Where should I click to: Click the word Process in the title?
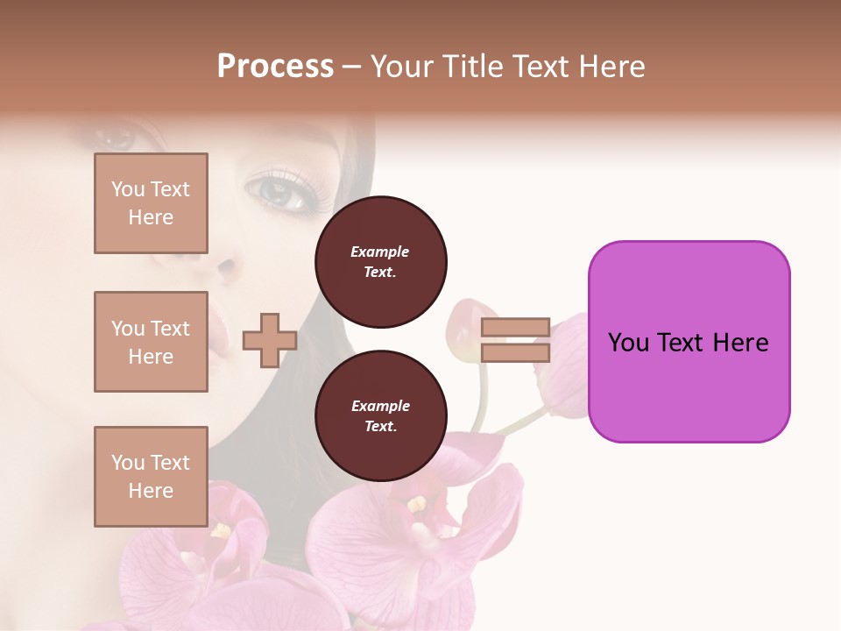(275, 67)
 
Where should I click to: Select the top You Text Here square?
(151, 203)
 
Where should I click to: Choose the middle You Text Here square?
(151, 342)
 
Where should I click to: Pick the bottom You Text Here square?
(151, 476)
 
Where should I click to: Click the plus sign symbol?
(270, 340)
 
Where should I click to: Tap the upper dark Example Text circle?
(381, 262)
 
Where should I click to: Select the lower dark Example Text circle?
(381, 416)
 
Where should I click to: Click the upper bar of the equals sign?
(515, 328)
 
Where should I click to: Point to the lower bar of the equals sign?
(515, 352)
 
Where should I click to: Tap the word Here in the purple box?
(740, 343)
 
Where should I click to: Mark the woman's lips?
(217, 333)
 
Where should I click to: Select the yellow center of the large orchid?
(417, 506)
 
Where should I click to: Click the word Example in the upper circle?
(379, 252)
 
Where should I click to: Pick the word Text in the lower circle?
(380, 427)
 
